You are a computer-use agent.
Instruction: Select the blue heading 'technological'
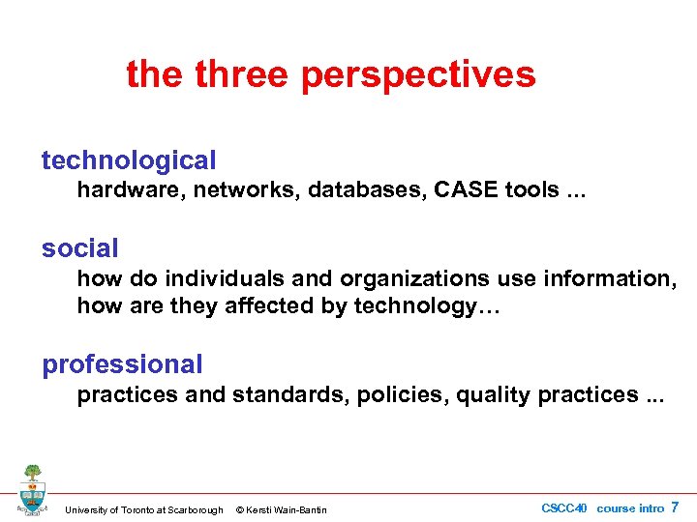click(x=129, y=160)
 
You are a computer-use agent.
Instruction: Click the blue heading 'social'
click(x=79, y=248)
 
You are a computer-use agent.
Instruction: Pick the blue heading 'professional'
click(x=122, y=364)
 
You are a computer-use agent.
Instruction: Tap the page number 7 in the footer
click(x=675, y=507)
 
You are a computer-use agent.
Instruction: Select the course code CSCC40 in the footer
click(x=564, y=508)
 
